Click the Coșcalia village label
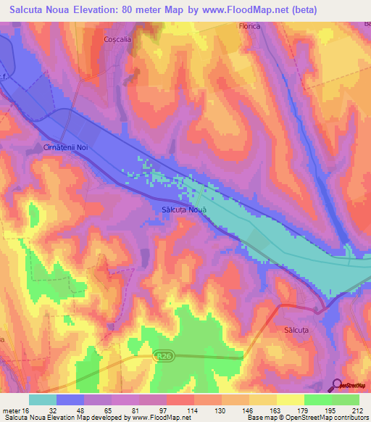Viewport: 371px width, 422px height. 117,41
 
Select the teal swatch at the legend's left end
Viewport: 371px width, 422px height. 42,400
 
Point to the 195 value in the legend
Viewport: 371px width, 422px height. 332,410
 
